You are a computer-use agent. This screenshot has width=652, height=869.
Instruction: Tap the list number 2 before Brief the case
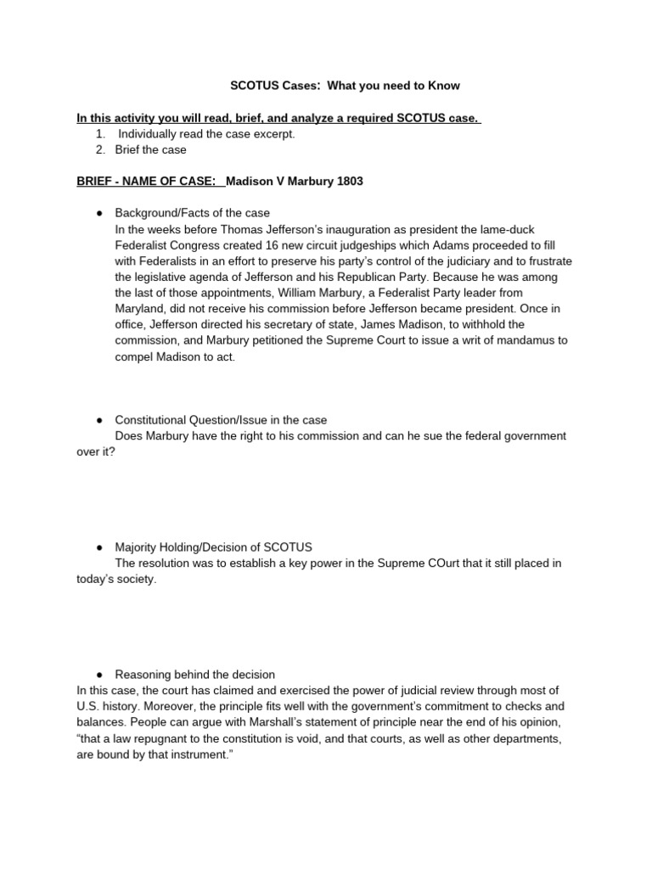(99, 149)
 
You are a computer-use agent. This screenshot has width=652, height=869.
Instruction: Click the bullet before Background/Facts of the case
(99, 212)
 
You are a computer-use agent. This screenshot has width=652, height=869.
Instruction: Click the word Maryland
(140, 308)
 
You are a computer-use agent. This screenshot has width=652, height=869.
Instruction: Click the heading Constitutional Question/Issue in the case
(221, 420)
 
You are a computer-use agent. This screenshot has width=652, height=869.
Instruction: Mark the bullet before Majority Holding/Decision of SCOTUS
(99, 547)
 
